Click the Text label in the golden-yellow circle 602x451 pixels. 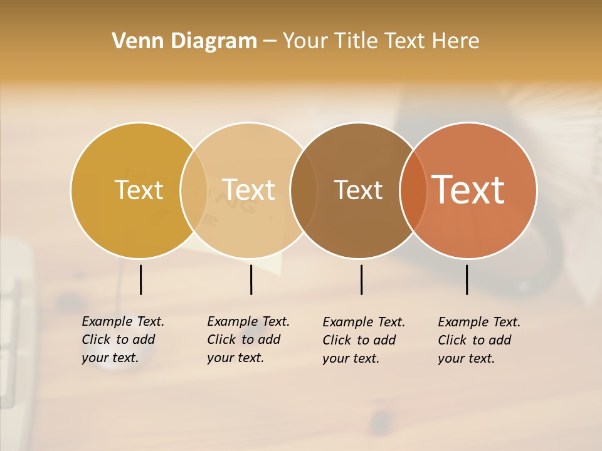point(139,190)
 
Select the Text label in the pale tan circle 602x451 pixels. point(249,190)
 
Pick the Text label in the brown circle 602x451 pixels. point(358,190)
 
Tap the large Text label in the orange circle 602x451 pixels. point(468,190)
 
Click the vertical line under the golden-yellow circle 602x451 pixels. point(140,279)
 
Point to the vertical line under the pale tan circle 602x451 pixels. point(251,279)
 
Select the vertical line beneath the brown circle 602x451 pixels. point(361,279)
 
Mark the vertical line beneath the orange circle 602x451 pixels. point(467,279)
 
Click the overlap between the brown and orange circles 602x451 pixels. point(413,190)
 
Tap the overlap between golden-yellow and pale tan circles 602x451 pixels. point(194,190)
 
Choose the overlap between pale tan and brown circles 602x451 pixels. point(304,190)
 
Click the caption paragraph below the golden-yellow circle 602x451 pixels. point(122,340)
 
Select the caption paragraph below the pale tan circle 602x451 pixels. point(248,340)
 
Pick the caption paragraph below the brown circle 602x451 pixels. point(363,340)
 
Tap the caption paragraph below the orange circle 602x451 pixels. point(478,340)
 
